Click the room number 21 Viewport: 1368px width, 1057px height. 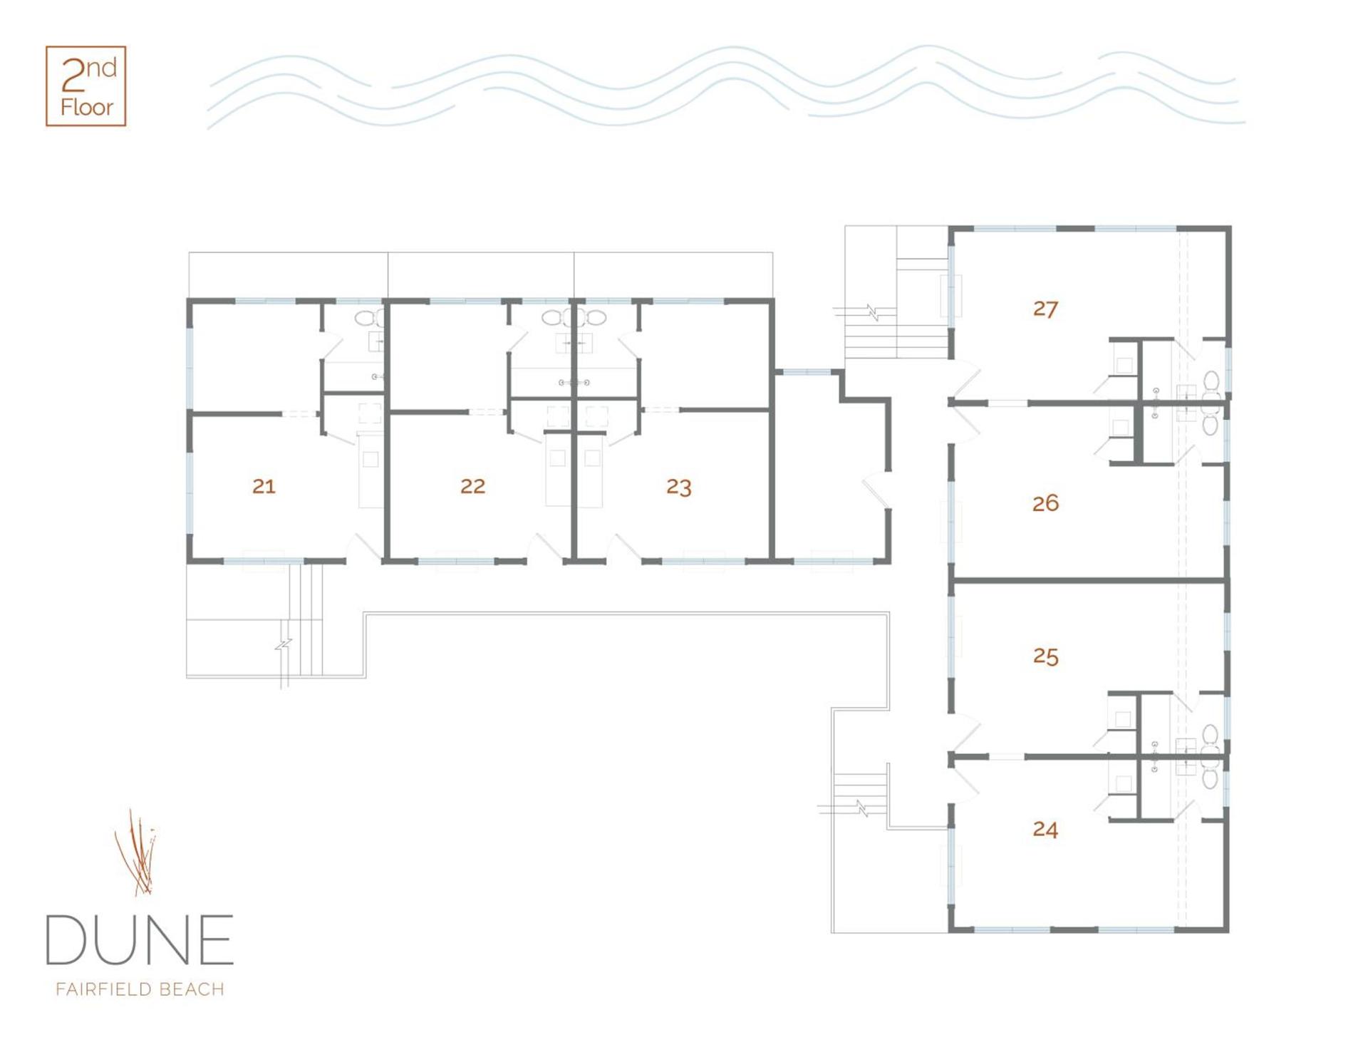pos(264,486)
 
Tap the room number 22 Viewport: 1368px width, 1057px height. pos(472,486)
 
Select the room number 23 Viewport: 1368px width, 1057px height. pos(678,487)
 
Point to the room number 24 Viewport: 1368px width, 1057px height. pos(1045,829)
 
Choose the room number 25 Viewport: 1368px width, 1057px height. pos(1045,656)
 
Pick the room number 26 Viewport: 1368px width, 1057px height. pos(1045,503)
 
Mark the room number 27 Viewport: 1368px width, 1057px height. pos(1045,309)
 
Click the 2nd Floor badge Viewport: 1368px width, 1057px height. pos(86,86)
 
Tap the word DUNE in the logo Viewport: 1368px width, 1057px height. pos(140,940)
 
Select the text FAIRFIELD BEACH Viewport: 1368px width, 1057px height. pos(140,989)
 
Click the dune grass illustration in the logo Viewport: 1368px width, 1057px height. pos(137,852)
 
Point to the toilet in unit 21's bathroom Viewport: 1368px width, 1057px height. pos(368,318)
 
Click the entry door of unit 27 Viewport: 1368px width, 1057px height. pos(966,381)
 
